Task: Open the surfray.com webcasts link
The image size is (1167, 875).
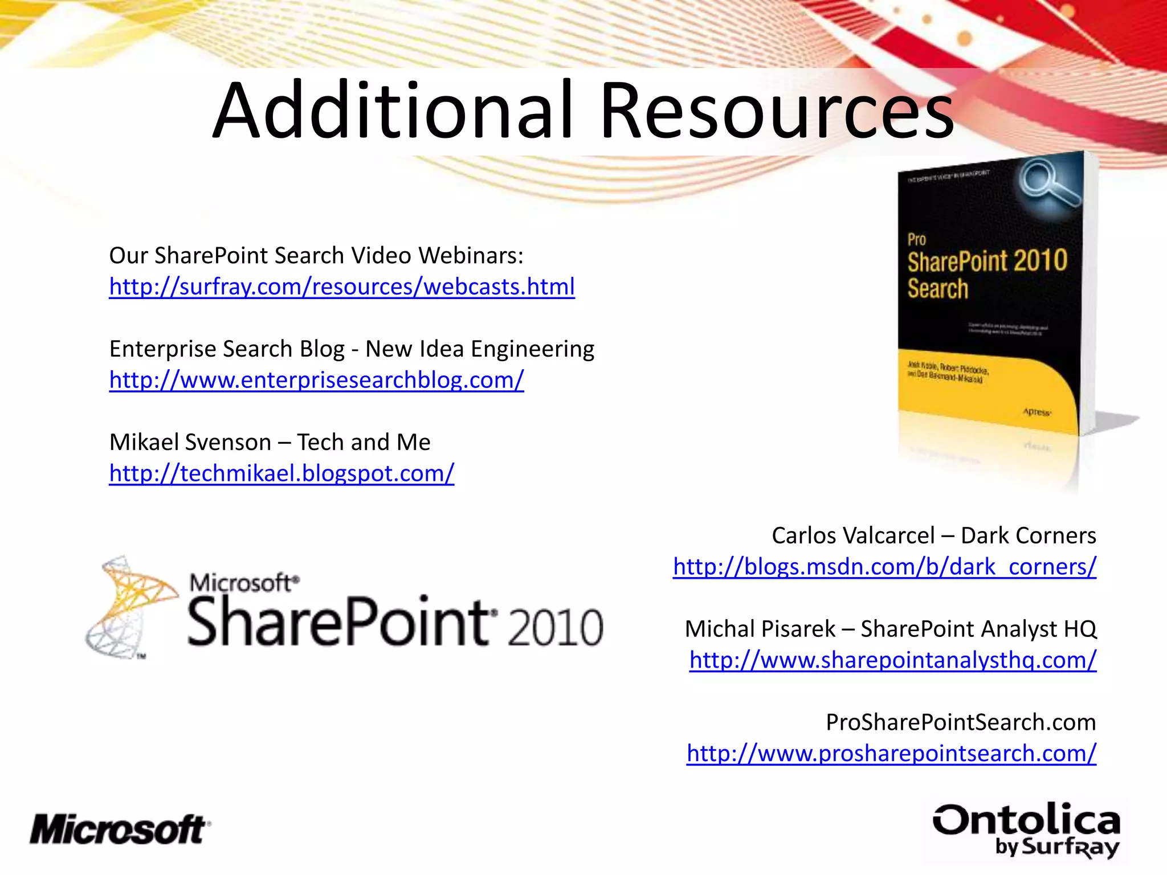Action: (342, 287)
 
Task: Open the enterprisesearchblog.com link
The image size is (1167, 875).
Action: (316, 380)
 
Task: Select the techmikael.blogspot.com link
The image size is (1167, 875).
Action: (281, 473)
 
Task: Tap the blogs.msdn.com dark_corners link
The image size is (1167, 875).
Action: (884, 567)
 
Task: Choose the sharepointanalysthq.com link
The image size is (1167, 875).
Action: (892, 660)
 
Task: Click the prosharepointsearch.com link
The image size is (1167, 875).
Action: (891, 754)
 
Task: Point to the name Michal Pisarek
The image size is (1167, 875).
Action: (760, 629)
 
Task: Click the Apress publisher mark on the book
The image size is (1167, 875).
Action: (1037, 412)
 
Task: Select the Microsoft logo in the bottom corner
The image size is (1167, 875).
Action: (120, 829)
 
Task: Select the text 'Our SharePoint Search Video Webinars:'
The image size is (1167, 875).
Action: (316, 256)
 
